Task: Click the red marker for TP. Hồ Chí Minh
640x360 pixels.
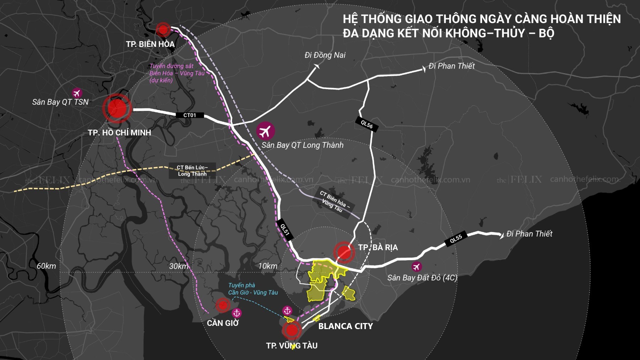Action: coord(117,108)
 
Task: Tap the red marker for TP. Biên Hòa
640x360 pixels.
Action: coord(163,29)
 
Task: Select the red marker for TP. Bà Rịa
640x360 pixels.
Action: coord(344,252)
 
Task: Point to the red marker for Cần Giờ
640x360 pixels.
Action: coord(223,305)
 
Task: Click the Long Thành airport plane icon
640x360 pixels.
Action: coord(265,131)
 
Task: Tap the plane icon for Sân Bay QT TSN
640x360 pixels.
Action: coord(76,93)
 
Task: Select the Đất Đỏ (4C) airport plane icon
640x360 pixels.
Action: coord(416,267)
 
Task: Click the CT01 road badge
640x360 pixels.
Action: coord(190,115)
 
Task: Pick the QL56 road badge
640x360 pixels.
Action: coord(367,124)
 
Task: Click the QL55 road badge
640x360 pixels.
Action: coord(456,239)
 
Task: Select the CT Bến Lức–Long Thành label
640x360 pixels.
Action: coord(192,171)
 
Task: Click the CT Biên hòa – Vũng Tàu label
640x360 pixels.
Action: coord(334,202)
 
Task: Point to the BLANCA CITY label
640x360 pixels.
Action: coord(345,326)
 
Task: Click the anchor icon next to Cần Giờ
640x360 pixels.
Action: coord(236,313)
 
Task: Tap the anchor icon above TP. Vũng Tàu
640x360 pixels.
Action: coord(287,311)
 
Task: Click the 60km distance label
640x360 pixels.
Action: coord(46,266)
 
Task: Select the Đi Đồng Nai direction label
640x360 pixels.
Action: coord(325,55)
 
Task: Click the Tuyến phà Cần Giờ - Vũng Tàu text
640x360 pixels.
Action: coord(253,289)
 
